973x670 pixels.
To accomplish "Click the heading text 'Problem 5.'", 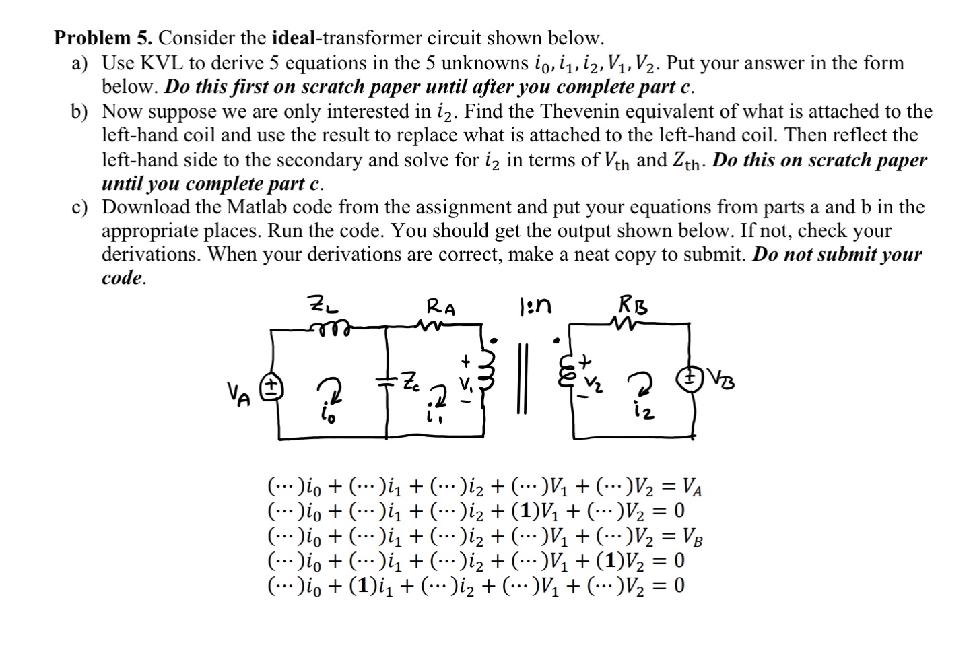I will click(x=104, y=38).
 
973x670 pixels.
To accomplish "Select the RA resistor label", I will click(x=441, y=308).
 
